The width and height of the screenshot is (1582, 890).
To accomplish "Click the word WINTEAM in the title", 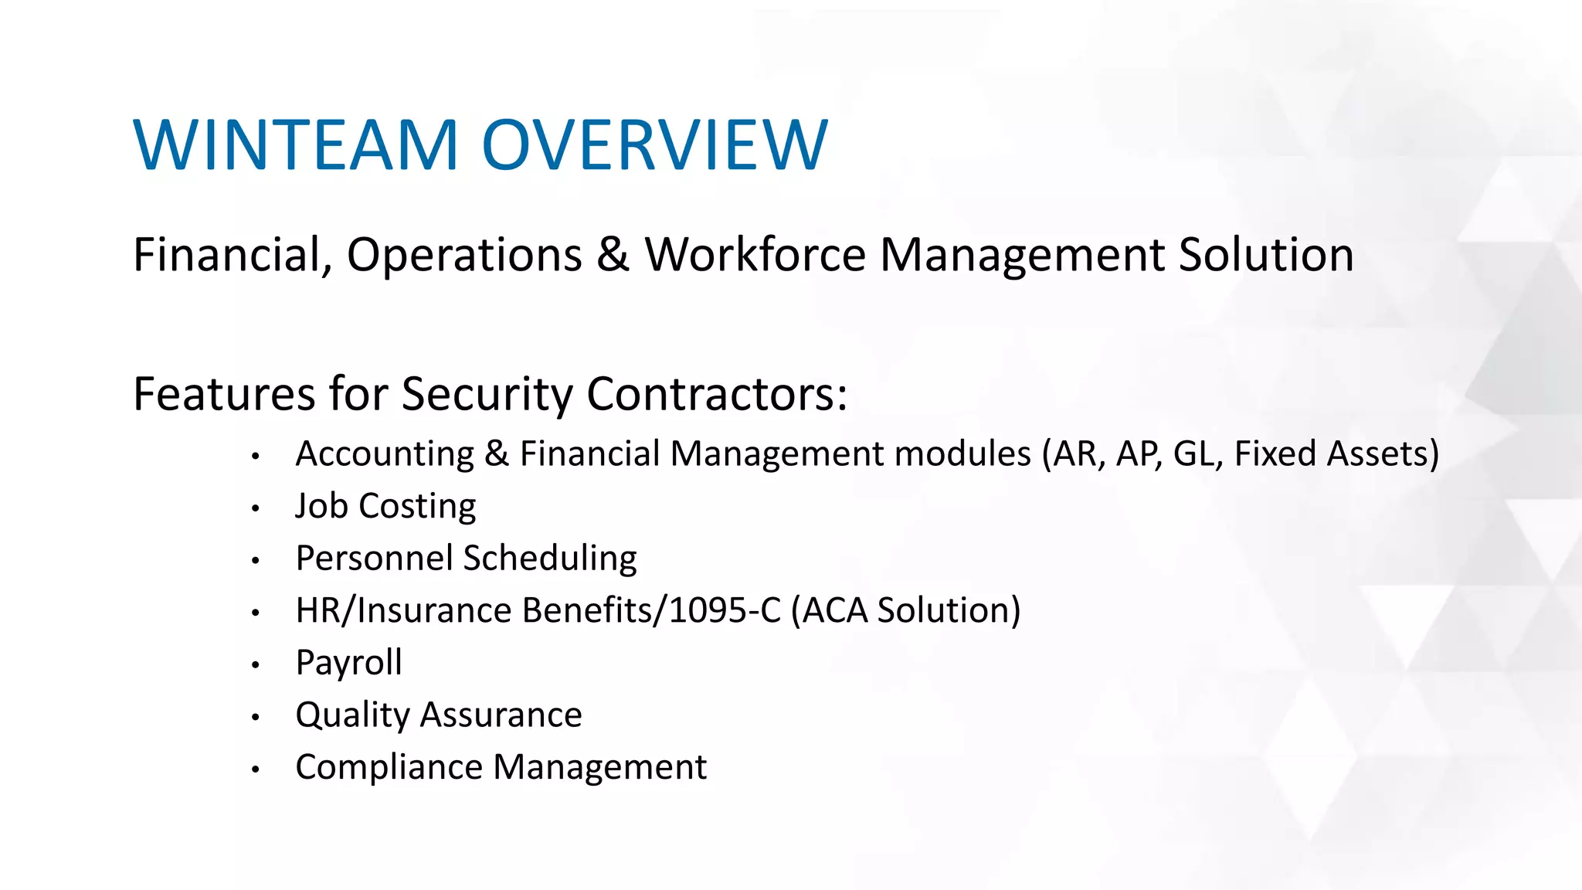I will click(x=297, y=145).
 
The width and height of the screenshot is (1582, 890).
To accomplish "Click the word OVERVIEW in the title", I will click(x=655, y=145).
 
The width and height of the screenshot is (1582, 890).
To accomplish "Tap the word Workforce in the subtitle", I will click(x=755, y=255).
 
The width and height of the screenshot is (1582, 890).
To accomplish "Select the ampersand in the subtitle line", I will click(x=613, y=255).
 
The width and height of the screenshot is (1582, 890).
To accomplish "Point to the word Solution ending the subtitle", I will click(x=1265, y=255).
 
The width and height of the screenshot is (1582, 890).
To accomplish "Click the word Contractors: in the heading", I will click(x=717, y=395).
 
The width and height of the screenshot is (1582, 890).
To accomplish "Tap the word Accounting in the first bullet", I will click(x=385, y=454).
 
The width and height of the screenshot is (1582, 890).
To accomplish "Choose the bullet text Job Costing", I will click(x=385, y=507).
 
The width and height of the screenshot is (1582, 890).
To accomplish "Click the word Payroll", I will click(x=348, y=663).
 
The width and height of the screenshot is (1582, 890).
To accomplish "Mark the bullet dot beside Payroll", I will click(x=255, y=665).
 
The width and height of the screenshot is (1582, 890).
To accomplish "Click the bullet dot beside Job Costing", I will click(x=255, y=508).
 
